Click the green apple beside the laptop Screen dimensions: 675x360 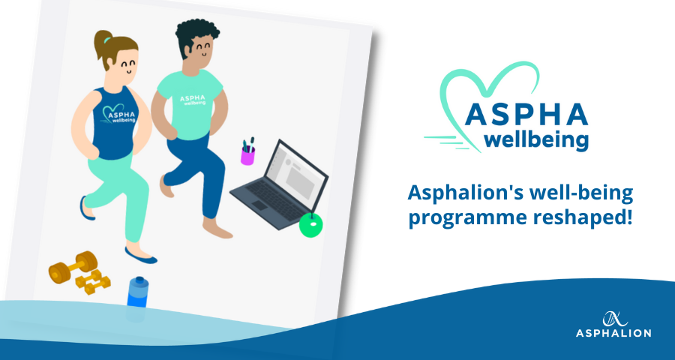click(310, 225)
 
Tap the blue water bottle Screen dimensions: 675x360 click(138, 292)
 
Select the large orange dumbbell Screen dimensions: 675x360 click(73, 267)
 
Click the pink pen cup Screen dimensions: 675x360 click(247, 155)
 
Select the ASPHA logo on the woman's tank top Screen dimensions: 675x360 click(118, 115)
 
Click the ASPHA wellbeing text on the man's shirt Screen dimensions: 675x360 click(193, 100)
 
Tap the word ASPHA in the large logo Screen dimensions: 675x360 click(526, 114)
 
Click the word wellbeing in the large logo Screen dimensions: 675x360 click(536, 140)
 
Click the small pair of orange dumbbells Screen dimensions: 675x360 click(92, 282)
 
